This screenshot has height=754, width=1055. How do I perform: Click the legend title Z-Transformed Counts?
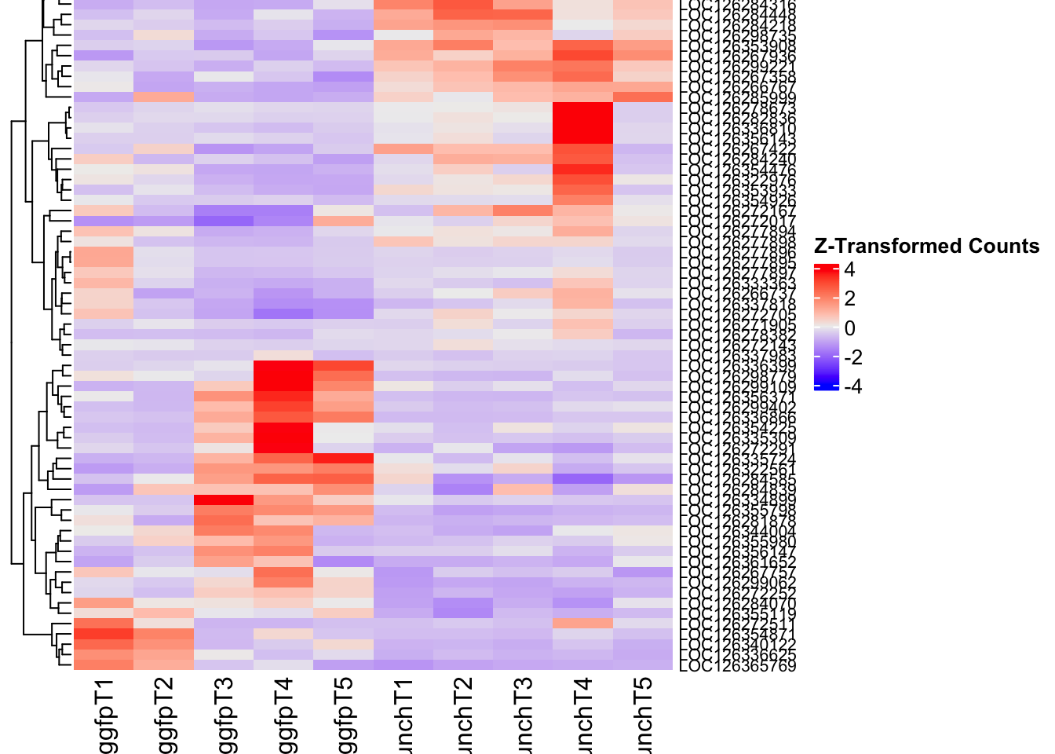tap(926, 247)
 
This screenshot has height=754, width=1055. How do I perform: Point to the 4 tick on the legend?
tap(850, 270)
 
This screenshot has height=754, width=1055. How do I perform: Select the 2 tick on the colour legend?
tap(850, 299)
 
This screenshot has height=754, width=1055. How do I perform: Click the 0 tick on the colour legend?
tap(850, 328)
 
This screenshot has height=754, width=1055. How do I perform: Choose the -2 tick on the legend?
tap(852, 357)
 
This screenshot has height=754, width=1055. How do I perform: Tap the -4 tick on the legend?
tap(852, 386)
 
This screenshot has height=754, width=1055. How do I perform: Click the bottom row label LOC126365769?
tap(737, 666)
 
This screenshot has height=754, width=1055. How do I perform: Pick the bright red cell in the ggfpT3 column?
tap(224, 500)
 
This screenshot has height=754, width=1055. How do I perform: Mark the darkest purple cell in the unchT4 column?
tap(583, 478)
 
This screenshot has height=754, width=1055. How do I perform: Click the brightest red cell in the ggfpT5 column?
tap(344, 458)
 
